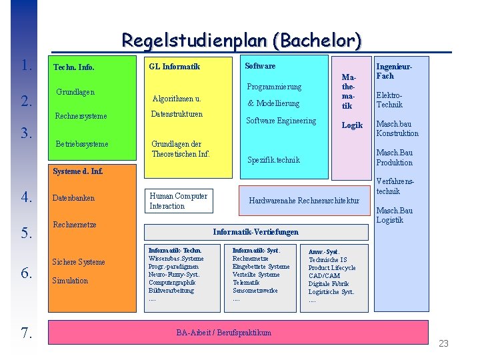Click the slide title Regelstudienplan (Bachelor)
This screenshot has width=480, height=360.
(241, 41)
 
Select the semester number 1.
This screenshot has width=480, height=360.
(27, 65)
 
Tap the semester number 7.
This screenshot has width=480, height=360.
(27, 333)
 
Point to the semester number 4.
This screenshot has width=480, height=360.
(27, 197)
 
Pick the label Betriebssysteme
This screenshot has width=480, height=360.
(82, 144)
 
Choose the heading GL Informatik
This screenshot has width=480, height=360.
(175, 67)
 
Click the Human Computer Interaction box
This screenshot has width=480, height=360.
(178, 201)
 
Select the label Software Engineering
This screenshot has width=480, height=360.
(281, 121)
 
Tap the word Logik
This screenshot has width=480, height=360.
(352, 125)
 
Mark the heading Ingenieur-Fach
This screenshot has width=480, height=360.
(395, 71)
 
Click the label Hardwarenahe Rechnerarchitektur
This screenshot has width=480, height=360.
(303, 201)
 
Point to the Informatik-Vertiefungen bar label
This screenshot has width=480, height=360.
(255, 232)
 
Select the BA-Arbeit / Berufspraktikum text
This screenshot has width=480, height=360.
(224, 333)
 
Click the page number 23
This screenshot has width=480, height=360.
(443, 343)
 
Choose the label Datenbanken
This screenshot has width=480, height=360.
(73, 198)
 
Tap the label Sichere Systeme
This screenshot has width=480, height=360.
(79, 262)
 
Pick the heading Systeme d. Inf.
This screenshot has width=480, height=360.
(78, 172)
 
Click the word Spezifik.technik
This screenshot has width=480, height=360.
(273, 160)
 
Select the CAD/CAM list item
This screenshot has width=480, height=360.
(324, 276)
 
